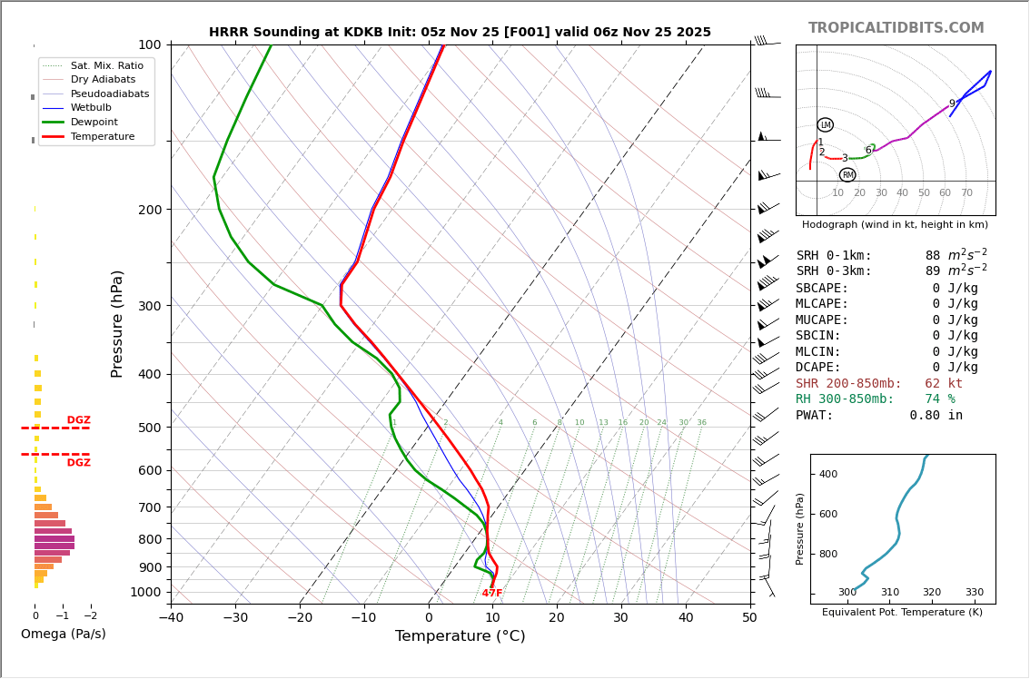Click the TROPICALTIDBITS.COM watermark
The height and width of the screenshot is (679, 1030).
click(896, 28)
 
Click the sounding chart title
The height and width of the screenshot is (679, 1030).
click(460, 32)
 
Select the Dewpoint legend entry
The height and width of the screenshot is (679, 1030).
click(94, 122)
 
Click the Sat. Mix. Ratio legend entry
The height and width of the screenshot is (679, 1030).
click(106, 65)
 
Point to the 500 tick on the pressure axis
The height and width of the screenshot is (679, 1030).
click(150, 428)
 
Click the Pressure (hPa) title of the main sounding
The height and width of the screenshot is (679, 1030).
click(117, 323)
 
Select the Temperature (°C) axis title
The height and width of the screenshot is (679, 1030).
click(460, 636)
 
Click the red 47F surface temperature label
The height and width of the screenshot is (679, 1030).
click(492, 594)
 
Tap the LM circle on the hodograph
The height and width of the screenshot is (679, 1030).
click(825, 125)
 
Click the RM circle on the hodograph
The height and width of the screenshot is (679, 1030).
click(847, 175)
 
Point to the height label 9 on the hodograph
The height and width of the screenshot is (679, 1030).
click(952, 104)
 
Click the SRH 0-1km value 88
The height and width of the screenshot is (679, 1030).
click(933, 256)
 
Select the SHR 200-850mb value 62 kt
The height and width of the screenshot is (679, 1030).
click(944, 384)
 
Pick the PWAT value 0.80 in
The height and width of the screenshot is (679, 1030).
click(936, 416)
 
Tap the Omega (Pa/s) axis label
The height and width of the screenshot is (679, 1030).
click(64, 634)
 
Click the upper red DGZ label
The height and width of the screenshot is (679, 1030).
click(79, 420)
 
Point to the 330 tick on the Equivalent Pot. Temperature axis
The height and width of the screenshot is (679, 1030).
click(974, 593)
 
